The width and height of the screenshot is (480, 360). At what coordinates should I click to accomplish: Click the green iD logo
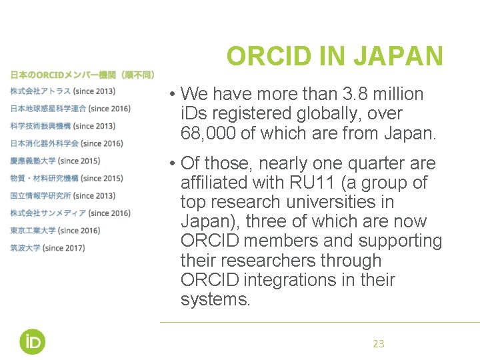[32, 341]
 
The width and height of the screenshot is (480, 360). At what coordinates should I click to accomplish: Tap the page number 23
[378, 344]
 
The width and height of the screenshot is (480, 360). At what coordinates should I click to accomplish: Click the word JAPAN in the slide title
[398, 57]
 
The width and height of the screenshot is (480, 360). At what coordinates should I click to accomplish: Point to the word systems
[214, 299]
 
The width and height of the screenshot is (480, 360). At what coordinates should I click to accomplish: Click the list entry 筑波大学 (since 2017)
[47, 248]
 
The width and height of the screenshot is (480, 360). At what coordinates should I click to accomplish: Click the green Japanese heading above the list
[82, 75]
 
